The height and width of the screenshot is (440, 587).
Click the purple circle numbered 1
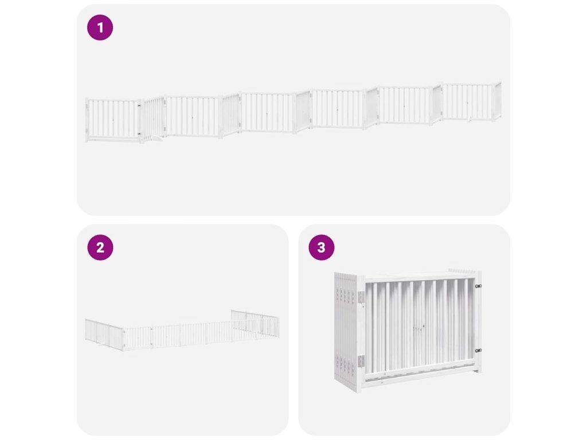pyautogui.click(x=100, y=27)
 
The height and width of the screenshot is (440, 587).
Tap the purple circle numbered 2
pyautogui.click(x=100, y=247)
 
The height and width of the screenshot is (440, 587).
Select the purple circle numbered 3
pyautogui.click(x=321, y=247)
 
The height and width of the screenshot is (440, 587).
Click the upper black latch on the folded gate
pyautogui.click(x=478, y=286)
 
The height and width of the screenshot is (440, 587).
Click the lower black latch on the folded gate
pyautogui.click(x=478, y=351)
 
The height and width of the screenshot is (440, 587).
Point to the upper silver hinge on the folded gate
pyautogui.click(x=361, y=298)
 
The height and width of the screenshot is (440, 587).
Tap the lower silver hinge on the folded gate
pyautogui.click(x=361, y=362)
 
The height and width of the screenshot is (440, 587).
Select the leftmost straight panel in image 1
pyautogui.click(x=113, y=120)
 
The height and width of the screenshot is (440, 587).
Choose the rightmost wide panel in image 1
pyautogui.click(x=468, y=102)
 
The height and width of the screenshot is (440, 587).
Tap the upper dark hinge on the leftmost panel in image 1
pyautogui.click(x=139, y=106)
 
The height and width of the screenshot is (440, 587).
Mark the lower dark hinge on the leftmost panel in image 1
pyautogui.click(x=139, y=133)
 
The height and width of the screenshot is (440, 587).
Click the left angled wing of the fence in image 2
pyautogui.click(x=104, y=334)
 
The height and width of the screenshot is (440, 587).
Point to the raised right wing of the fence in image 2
pyautogui.click(x=255, y=323)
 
